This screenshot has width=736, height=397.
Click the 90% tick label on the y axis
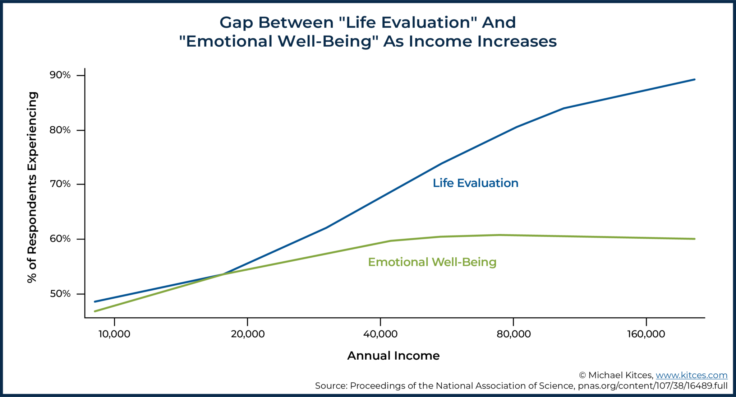pos(60,75)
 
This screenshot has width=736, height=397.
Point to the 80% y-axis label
pos(60,130)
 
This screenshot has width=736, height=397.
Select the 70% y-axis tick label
pos(60,184)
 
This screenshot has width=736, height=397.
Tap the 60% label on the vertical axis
pos(60,239)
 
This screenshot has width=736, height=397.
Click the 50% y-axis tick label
pos(60,294)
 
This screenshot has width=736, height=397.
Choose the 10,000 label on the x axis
pos(114,334)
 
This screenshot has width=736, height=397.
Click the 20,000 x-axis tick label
pos(248,334)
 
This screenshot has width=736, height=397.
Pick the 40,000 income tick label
pos(380,334)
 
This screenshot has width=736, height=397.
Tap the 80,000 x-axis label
pos(514,334)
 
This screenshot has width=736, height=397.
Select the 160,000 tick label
pos(646,334)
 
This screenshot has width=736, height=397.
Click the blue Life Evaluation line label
pos(475,183)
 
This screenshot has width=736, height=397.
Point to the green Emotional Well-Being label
pos(432,262)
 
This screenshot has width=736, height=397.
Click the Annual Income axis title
pos(393,356)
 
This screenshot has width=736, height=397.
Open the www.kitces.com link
pos(691,375)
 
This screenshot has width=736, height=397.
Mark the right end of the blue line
pos(694,79)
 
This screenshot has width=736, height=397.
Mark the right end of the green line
pos(694,239)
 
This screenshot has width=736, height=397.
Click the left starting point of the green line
pos(95,311)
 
